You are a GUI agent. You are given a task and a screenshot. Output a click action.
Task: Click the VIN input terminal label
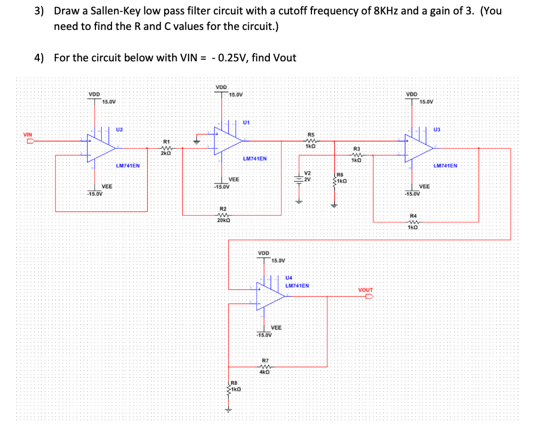(x=27, y=134)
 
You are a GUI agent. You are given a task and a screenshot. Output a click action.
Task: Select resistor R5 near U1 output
(x=311, y=141)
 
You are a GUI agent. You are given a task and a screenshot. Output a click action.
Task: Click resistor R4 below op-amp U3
(x=412, y=222)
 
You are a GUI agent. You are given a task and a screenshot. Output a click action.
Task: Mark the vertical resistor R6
(x=335, y=181)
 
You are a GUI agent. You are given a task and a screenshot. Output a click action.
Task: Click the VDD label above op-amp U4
(x=263, y=253)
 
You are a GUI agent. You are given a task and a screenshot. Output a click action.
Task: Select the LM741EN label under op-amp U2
(x=127, y=166)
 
